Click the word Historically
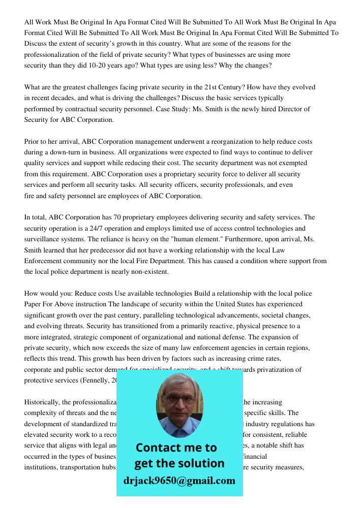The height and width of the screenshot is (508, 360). pyautogui.click(x=42, y=402)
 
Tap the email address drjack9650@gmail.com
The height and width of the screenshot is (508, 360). pyautogui.click(x=179, y=481)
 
